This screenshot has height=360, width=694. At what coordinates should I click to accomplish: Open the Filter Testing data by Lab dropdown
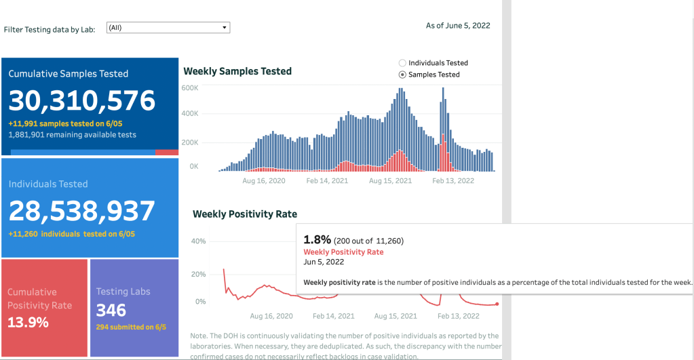[x=168, y=28]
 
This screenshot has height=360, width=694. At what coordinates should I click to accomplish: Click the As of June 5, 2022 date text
[x=458, y=26]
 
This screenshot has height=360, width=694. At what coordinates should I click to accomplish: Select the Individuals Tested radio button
[x=402, y=63]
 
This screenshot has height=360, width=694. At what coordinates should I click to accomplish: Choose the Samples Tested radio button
[x=402, y=75]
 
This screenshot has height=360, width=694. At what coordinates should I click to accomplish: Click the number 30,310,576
[x=82, y=101]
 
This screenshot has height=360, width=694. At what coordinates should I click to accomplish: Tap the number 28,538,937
[x=82, y=211]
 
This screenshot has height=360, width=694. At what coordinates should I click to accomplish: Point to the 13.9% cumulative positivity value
[x=28, y=323]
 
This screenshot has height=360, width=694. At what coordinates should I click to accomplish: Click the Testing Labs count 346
[x=111, y=310]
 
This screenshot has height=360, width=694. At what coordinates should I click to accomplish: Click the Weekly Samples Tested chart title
[x=237, y=71]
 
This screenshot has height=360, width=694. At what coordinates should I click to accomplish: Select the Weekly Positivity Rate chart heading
[x=245, y=214]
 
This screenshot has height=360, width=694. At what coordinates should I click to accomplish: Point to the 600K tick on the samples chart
[x=189, y=88]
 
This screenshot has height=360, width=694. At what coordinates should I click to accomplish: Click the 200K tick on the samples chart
[x=189, y=142]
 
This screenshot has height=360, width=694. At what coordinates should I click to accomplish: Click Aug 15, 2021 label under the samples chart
[x=390, y=181]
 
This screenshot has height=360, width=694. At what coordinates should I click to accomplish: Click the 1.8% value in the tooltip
[x=317, y=239]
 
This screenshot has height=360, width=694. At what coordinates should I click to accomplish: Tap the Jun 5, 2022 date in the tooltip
[x=324, y=262]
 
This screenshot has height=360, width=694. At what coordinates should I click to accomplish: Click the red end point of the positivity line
[x=497, y=304]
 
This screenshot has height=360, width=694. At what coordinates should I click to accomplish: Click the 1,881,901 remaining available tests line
[x=72, y=135]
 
